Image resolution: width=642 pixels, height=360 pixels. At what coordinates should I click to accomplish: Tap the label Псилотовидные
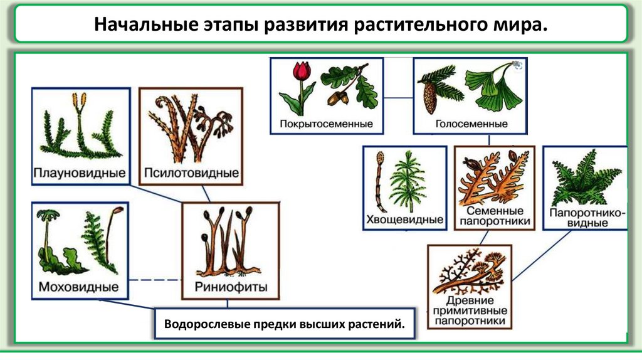pos(191,172)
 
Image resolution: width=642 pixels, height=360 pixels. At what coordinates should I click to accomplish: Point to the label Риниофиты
pos(231,287)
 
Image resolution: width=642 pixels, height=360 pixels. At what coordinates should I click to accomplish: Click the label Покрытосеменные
pos(327,124)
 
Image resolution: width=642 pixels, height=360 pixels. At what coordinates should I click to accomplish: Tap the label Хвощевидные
pos(404,220)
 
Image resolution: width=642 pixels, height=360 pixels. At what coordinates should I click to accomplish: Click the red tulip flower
pos(303,71)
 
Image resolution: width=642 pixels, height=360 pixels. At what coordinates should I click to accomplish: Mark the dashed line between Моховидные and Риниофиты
pos(155,279)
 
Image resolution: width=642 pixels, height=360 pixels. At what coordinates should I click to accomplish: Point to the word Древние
pos(468,300)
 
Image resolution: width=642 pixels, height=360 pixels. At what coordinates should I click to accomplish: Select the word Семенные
pos(495,211)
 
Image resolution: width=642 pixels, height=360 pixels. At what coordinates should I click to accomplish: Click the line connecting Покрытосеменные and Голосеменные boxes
pos(398,97)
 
